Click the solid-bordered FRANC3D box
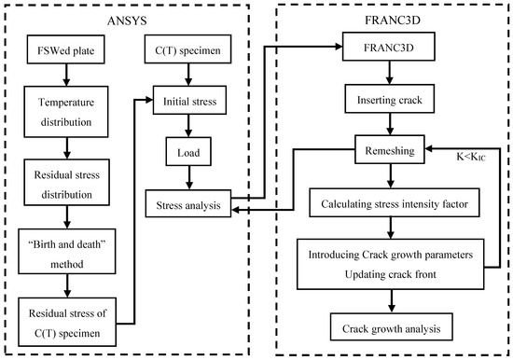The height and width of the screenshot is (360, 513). (x=391, y=46)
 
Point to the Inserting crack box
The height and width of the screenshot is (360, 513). (x=391, y=99)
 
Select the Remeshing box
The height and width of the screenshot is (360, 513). (x=391, y=147)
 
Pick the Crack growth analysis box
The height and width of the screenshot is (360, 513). (x=391, y=327)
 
